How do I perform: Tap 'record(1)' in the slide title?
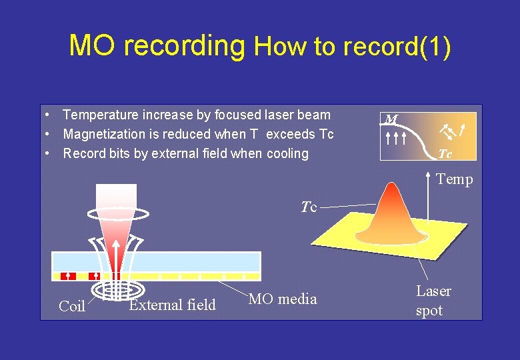[x=397, y=47]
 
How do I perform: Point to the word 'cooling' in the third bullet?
[x=287, y=153]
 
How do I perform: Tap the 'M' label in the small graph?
[x=391, y=120]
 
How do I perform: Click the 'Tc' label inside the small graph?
[x=445, y=154]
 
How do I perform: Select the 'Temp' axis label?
[x=454, y=179]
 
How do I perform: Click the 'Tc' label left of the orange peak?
[x=308, y=207]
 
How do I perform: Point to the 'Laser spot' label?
[x=433, y=301]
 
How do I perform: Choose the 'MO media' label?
[x=282, y=299]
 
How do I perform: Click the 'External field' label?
[x=173, y=305]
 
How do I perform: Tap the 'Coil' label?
[x=72, y=307]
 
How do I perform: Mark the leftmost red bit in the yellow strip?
[x=67, y=275]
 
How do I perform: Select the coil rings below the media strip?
[x=116, y=289]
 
